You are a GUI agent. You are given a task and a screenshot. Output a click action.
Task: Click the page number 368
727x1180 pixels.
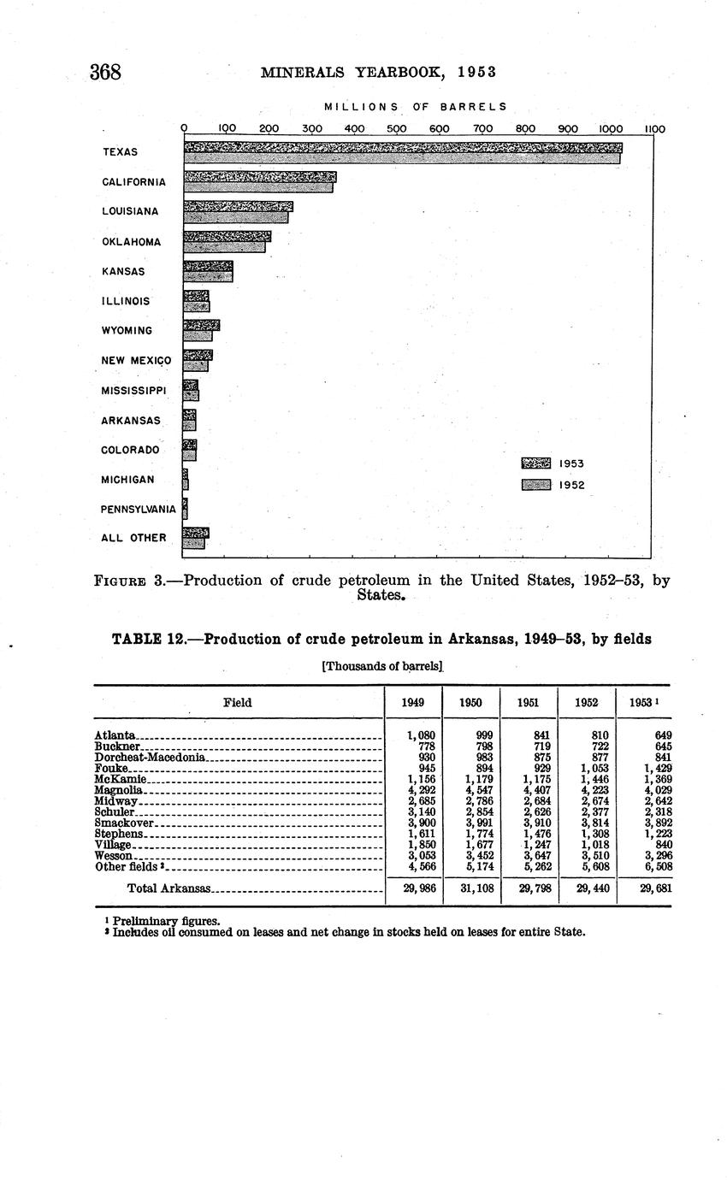pos(105,72)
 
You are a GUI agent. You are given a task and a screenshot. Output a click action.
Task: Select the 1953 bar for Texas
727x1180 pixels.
pos(402,147)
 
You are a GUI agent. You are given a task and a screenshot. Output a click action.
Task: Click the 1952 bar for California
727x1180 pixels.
pos(258,187)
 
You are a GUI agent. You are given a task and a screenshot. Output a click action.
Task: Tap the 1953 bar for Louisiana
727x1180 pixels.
pos(239,207)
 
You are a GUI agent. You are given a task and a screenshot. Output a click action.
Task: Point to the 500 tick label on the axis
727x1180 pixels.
pos(396,129)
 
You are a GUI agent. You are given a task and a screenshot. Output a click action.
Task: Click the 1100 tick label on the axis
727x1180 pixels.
pos(654,129)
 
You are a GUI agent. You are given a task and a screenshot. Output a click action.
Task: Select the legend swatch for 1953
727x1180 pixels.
pos(536,463)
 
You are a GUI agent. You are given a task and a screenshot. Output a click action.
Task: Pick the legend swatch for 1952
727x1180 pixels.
pos(536,485)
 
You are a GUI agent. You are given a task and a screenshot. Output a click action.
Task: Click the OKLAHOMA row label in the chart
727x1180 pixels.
pos(132,242)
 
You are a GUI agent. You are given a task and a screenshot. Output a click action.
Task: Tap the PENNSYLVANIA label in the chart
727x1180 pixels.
pos(139,510)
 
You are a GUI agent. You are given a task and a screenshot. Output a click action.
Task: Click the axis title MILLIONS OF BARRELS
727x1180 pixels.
pos(416,107)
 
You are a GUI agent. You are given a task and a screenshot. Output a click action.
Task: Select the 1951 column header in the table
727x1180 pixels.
pos(528,703)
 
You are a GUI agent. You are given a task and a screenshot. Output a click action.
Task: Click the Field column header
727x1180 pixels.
pos(237,703)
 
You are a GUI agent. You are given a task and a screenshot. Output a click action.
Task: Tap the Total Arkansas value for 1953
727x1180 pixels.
pos(656,888)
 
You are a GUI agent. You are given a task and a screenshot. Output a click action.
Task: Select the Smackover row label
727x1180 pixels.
pos(117,823)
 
